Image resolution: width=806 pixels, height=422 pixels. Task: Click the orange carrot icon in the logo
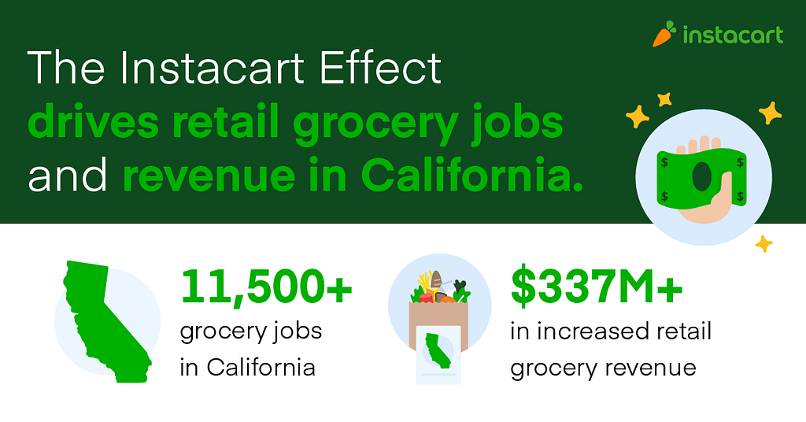click(x=664, y=35)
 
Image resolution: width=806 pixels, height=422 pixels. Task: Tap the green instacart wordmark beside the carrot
click(x=734, y=35)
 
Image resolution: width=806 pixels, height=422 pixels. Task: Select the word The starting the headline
click(x=66, y=68)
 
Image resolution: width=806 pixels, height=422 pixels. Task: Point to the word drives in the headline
click(x=93, y=122)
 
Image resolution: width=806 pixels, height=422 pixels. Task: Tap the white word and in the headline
click(x=68, y=175)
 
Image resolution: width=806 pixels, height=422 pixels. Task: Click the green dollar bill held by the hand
click(x=701, y=177)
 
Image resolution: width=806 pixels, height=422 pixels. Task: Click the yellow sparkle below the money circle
click(x=763, y=243)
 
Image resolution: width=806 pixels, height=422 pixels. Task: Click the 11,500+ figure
click(x=266, y=287)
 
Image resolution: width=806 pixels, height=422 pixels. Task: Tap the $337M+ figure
click(x=597, y=287)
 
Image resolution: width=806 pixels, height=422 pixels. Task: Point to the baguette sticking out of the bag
click(x=436, y=284)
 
